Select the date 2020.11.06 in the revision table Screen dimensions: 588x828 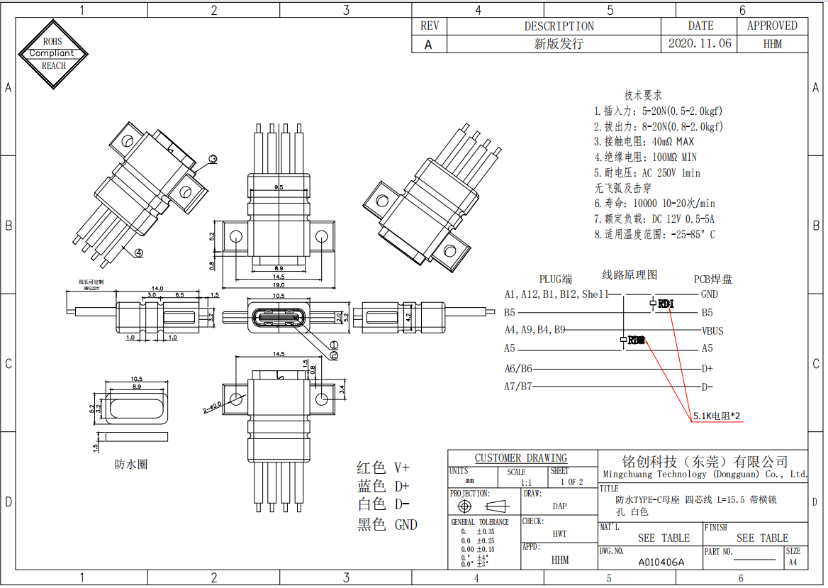(x=699, y=43)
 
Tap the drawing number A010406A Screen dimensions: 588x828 (x=661, y=562)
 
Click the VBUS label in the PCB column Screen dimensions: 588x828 (x=712, y=331)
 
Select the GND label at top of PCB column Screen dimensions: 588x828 (x=709, y=294)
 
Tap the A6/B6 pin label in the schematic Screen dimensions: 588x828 (x=518, y=369)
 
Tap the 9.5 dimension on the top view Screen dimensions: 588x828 (x=279, y=187)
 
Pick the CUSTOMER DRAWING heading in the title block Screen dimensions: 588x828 (x=521, y=458)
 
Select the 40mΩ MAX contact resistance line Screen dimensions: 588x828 (x=644, y=142)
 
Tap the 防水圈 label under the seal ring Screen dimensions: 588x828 (x=131, y=465)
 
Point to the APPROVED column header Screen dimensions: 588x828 (x=772, y=26)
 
